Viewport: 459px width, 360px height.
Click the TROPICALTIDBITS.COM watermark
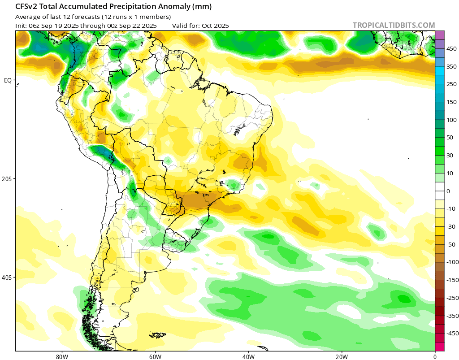click(394, 25)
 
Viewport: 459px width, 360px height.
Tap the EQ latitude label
click(8, 80)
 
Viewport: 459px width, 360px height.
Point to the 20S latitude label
click(7, 179)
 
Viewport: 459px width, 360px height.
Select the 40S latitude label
click(7, 278)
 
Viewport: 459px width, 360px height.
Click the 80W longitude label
click(62, 356)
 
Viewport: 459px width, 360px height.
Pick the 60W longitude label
click(155, 356)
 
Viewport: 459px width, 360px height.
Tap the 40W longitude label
click(248, 356)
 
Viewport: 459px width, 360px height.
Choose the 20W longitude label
click(342, 356)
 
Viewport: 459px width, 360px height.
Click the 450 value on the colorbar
click(451, 48)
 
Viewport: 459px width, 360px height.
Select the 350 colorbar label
click(451, 66)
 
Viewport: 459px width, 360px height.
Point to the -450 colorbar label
click(452, 334)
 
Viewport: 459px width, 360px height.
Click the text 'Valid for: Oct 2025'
click(200, 26)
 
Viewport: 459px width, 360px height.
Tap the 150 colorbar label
click(451, 102)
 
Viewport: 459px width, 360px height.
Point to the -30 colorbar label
click(450, 227)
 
